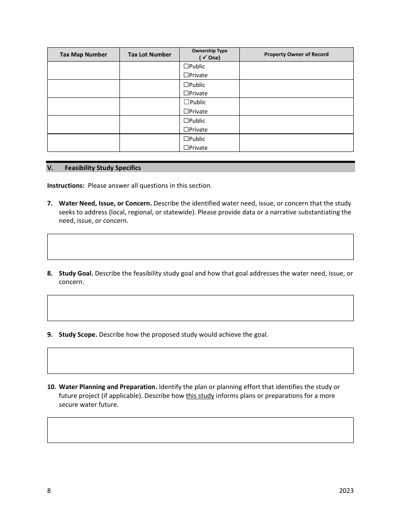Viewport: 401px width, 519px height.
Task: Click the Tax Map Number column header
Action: pyautogui.click(x=83, y=54)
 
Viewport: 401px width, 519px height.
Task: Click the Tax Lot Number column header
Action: pyautogui.click(x=149, y=54)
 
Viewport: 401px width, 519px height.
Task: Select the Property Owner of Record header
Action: pyautogui.click(x=296, y=54)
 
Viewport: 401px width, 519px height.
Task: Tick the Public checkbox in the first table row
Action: pyautogui.click(x=186, y=66)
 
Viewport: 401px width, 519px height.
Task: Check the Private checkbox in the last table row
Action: pyautogui.click(x=186, y=148)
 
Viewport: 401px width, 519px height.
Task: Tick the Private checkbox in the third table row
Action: pyautogui.click(x=186, y=111)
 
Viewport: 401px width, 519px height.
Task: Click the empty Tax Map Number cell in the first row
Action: pyautogui.click(x=83, y=70)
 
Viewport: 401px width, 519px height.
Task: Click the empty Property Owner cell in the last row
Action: pyautogui.click(x=296, y=143)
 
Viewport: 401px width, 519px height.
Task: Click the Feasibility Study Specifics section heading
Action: pyautogui.click(x=103, y=168)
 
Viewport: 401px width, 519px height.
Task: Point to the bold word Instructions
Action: pyautogui.click(x=66, y=186)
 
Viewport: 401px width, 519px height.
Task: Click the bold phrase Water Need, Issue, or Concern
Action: pyautogui.click(x=105, y=203)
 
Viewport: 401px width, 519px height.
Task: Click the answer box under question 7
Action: pyautogui.click(x=200, y=247)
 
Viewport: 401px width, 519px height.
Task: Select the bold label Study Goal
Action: pyautogui.click(x=76, y=273)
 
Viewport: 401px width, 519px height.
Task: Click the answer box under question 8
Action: pyautogui.click(x=200, y=308)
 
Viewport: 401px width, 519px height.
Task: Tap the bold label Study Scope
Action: pyautogui.click(x=78, y=335)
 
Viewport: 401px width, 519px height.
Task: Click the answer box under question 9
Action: pyautogui.click(x=200, y=361)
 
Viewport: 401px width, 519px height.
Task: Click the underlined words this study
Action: pyautogui.click(x=200, y=396)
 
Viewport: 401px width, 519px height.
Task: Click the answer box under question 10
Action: pyautogui.click(x=200, y=430)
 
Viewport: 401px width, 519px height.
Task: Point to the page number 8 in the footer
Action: pyautogui.click(x=49, y=490)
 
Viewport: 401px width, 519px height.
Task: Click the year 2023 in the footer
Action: pyautogui.click(x=346, y=490)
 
